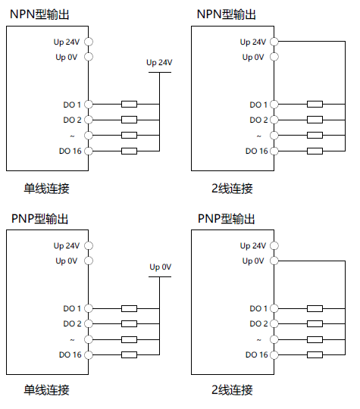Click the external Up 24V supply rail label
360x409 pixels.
point(159,62)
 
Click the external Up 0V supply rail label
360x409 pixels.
point(160,267)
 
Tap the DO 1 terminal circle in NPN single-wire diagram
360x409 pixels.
point(89,104)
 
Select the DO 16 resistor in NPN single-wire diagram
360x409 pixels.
point(129,151)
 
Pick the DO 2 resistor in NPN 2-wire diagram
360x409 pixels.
point(315,120)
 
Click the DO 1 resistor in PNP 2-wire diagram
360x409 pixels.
point(315,308)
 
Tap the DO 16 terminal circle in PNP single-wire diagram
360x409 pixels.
point(89,354)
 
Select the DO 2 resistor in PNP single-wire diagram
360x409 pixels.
point(129,323)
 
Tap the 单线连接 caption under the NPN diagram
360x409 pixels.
point(46,188)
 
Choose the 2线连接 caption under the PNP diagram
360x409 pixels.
point(232,391)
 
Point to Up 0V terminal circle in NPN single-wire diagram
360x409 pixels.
point(89,57)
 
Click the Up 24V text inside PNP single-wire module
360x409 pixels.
point(66,245)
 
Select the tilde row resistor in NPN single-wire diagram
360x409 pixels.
point(129,136)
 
